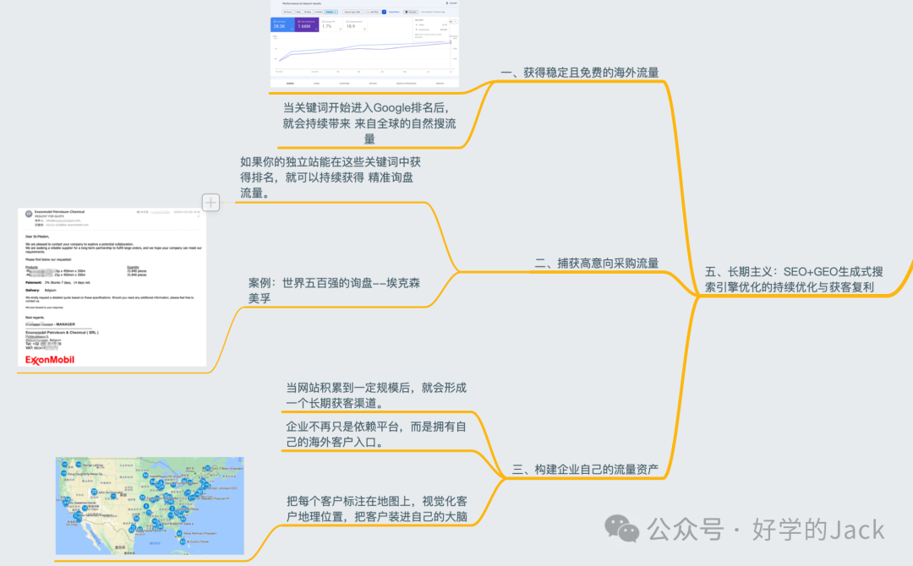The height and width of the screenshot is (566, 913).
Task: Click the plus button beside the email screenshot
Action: point(210,202)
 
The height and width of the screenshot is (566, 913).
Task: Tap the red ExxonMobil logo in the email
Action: point(49,360)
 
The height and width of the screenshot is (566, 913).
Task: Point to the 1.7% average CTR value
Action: point(326,27)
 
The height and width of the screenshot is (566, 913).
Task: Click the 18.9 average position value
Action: point(350,27)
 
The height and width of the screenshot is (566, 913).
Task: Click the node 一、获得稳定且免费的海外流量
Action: point(579,73)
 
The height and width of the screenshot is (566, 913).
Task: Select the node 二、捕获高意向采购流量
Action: point(597,263)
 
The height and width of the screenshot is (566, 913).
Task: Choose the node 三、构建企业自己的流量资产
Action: point(586,469)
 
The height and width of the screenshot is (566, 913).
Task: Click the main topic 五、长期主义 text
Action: point(794,280)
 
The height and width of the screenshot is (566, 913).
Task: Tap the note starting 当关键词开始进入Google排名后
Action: point(369,123)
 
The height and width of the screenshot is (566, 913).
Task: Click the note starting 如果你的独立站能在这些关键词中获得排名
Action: point(330,177)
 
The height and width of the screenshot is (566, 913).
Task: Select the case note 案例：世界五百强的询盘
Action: point(334,291)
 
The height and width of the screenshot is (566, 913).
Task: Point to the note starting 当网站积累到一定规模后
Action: point(376,395)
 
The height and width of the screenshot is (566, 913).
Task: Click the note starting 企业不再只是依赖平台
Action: point(376,433)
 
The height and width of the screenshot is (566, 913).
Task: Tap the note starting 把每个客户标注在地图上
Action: point(376,509)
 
